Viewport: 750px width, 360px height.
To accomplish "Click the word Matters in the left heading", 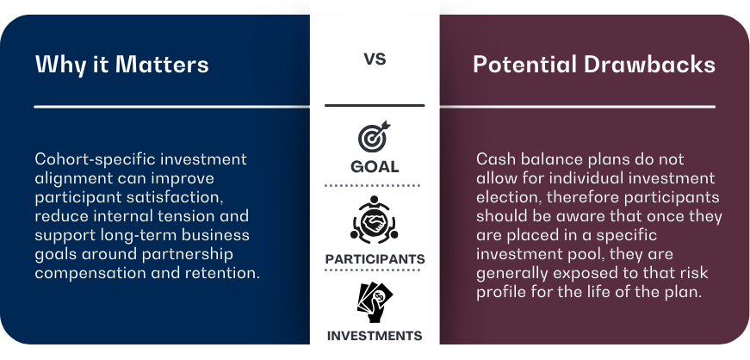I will click(x=170, y=65).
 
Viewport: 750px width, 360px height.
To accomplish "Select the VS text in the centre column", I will click(x=375, y=60).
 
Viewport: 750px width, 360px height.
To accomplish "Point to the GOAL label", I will click(x=375, y=167).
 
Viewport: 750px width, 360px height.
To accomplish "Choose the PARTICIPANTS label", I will click(x=375, y=259).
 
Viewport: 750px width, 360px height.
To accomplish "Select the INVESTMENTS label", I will click(x=375, y=336).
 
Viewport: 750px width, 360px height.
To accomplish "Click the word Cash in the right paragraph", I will click(x=493, y=159).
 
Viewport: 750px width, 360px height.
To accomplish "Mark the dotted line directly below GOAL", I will click(x=375, y=185).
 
